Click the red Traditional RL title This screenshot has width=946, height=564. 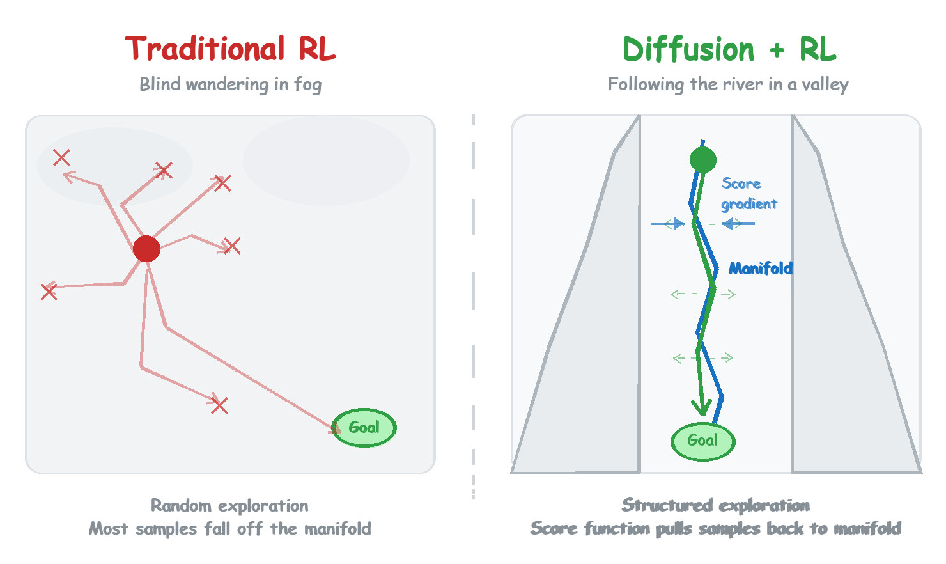[230, 49]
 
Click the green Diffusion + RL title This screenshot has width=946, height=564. [729, 49]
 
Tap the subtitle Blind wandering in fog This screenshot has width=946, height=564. [230, 84]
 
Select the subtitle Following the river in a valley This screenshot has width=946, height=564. [728, 84]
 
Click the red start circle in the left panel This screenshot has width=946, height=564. [146, 249]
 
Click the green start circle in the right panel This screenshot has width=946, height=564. [703, 160]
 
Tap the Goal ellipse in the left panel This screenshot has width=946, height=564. [364, 427]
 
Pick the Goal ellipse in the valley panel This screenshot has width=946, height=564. [702, 441]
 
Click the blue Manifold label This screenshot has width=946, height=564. [760, 269]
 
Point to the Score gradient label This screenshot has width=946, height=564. [748, 194]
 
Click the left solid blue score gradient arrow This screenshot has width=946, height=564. [667, 224]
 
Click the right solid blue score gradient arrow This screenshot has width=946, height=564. [739, 224]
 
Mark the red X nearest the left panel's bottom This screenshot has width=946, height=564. [219, 405]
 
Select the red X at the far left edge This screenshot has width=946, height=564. [49, 292]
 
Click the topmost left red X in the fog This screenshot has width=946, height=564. [61, 157]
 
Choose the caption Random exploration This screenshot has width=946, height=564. [229, 505]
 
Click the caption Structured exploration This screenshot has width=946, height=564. [715, 505]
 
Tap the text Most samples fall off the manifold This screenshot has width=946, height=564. [229, 529]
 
